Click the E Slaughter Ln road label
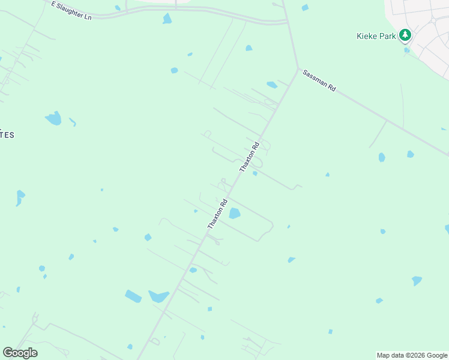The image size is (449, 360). [x=71, y=11]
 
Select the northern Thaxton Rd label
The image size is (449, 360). [x=249, y=157]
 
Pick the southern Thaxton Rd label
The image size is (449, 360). [x=217, y=214]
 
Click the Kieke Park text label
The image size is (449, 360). [x=375, y=36]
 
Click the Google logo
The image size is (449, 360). [x=20, y=353]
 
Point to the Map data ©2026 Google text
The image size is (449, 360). [x=412, y=355]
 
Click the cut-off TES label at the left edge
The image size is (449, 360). [x=7, y=135]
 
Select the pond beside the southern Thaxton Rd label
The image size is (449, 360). [x=234, y=213]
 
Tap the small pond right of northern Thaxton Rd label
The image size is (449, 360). [x=255, y=174]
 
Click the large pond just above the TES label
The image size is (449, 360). [x=53, y=118]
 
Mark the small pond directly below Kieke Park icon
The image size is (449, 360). [x=406, y=50]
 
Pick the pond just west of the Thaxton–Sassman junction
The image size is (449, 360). [x=272, y=85]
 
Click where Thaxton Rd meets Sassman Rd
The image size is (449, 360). [x=298, y=68]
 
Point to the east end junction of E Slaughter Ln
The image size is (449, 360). [x=288, y=23]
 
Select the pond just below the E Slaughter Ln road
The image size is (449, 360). [x=167, y=19]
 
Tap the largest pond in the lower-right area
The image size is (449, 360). [x=417, y=280]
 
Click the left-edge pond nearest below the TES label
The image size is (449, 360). [x=20, y=197]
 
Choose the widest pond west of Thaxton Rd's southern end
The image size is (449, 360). [x=159, y=296]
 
